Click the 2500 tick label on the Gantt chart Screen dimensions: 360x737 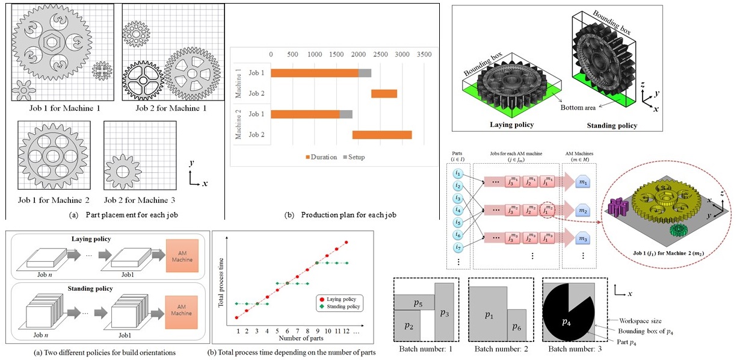click(381, 54)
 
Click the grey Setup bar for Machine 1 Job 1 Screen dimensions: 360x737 click(365, 73)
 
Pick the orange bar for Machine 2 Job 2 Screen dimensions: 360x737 click(382, 134)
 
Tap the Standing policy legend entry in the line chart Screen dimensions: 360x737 click(341, 306)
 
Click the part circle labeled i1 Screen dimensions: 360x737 click(458, 174)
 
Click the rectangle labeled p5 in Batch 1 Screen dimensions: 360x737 click(414, 301)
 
